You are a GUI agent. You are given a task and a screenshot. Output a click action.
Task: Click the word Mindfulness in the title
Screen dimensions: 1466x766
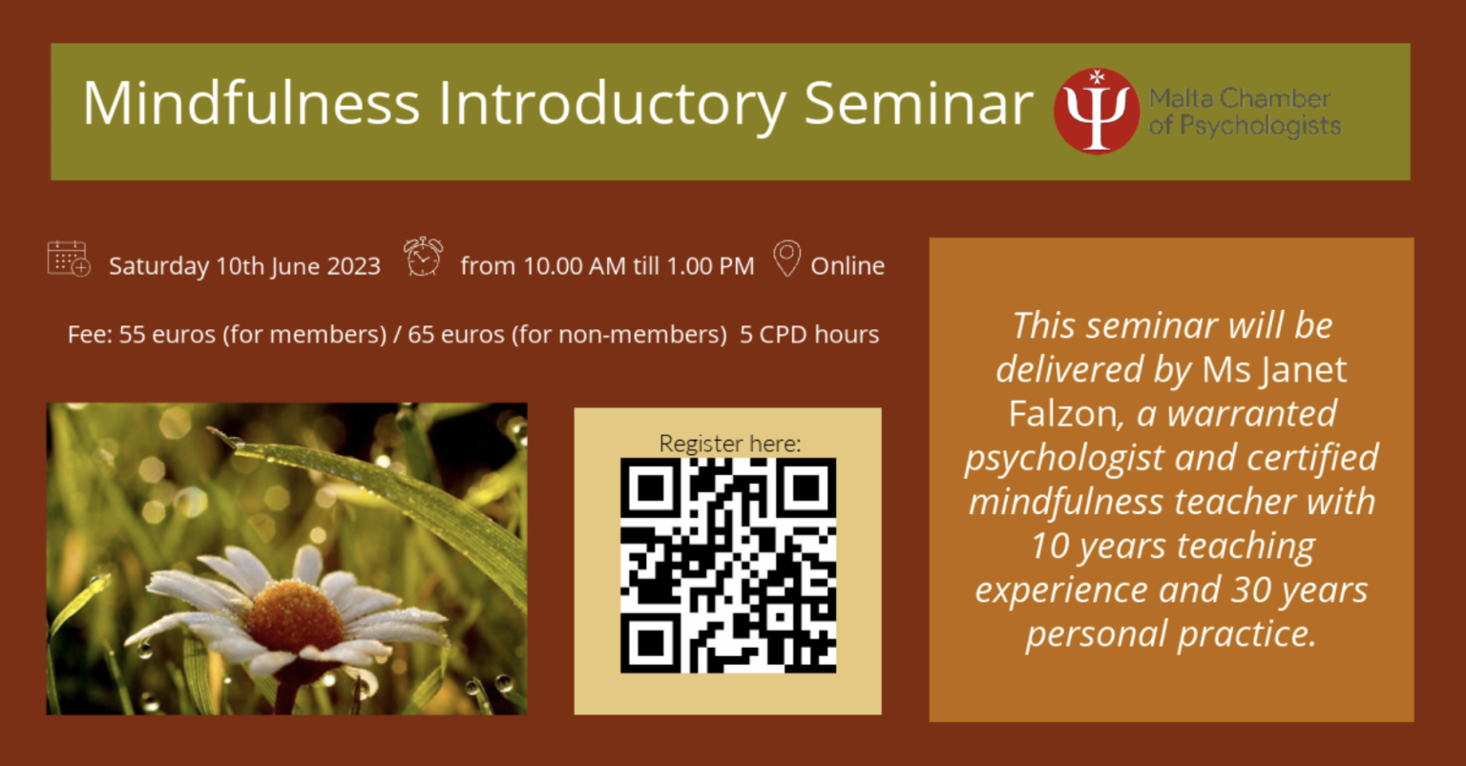(x=251, y=103)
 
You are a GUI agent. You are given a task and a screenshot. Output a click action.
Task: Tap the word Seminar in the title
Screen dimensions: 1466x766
(x=918, y=103)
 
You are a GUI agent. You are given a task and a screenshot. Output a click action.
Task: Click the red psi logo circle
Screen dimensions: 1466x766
(x=1097, y=112)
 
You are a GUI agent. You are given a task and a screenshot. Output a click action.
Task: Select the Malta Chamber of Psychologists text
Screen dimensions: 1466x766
(x=1245, y=112)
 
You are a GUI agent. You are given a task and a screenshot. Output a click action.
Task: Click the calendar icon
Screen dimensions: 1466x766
(x=69, y=259)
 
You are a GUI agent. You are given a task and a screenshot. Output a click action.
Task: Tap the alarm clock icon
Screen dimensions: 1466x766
(x=424, y=257)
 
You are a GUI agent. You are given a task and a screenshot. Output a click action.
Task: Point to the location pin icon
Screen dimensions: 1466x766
(x=786, y=259)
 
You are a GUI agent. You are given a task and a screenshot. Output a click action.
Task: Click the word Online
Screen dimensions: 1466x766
(x=848, y=266)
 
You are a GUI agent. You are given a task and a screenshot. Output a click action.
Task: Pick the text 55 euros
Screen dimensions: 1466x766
(x=167, y=334)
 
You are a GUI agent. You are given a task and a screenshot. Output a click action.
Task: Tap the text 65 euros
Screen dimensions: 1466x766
(x=456, y=334)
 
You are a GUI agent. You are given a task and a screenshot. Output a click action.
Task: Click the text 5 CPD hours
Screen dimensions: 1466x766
(x=809, y=334)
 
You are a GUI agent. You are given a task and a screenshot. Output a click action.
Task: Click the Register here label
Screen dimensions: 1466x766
(x=730, y=444)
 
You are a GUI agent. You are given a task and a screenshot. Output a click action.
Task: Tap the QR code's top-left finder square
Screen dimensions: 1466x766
(x=651, y=488)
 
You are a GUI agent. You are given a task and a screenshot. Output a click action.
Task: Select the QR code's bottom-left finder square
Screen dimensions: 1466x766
(x=651, y=642)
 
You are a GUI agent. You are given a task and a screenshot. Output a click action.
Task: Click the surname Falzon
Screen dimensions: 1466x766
(x=1066, y=414)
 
